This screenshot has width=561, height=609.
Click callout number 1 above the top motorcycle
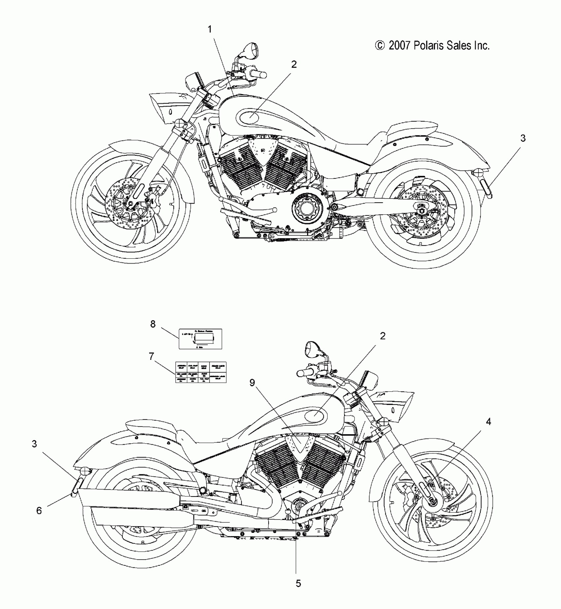[x=210, y=29]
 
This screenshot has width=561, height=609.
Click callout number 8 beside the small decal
[x=153, y=324]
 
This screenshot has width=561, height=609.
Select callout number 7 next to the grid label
[x=151, y=356]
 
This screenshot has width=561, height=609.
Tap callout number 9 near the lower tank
[x=252, y=382]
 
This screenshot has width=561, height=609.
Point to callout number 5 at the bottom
[x=298, y=583]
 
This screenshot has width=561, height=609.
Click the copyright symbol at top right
[x=380, y=46]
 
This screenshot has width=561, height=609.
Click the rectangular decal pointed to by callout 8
[x=200, y=339]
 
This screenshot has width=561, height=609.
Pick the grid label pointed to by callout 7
[x=200, y=372]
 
